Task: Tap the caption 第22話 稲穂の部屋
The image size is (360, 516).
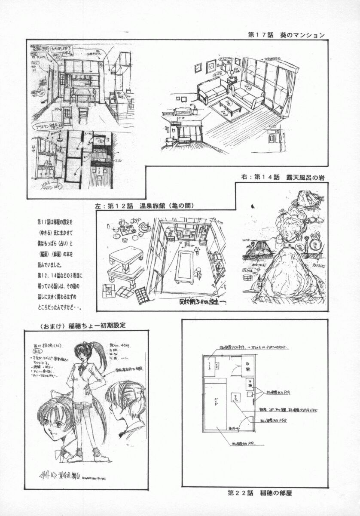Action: tap(260, 492)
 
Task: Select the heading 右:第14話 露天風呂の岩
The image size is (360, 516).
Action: tap(283, 177)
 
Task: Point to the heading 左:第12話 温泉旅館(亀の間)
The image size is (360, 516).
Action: tap(145, 206)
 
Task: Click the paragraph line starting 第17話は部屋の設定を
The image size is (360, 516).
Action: tap(55, 222)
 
